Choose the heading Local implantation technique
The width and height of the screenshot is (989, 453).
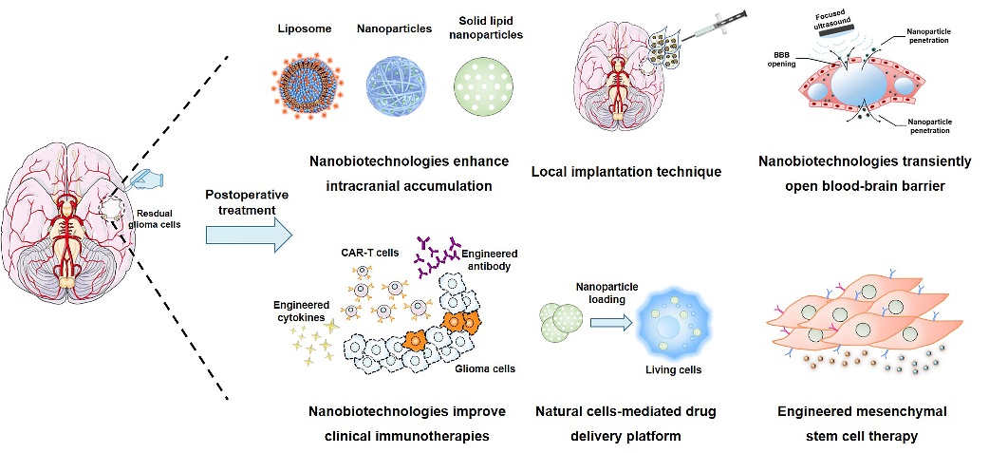626,172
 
